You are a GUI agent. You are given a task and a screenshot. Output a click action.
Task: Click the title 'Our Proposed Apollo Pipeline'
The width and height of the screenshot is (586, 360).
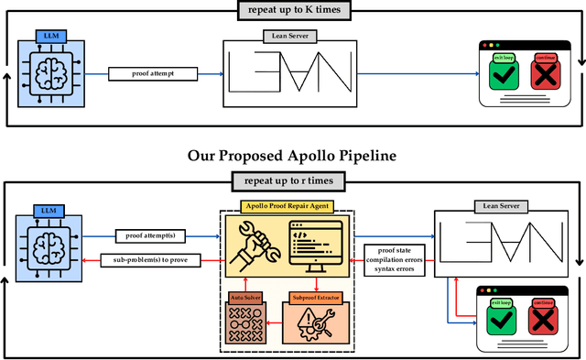[x=293, y=156]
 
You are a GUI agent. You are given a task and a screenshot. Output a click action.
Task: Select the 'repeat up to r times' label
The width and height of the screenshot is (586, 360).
[x=293, y=181]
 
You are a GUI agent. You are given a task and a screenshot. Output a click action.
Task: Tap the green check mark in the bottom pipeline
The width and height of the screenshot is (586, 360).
[x=501, y=320]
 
